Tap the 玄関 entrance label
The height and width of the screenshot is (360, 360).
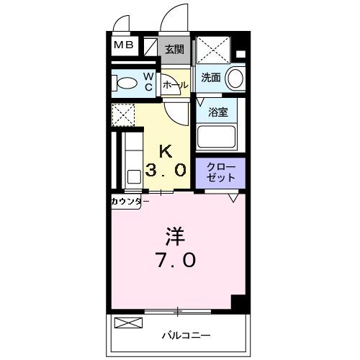click(x=174, y=50)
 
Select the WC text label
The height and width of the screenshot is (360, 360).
click(x=147, y=82)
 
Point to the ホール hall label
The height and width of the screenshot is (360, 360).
click(x=175, y=85)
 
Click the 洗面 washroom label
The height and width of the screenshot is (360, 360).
click(x=211, y=78)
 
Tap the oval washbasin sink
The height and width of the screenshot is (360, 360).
click(x=234, y=78)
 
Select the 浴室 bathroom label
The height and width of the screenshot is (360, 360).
click(x=217, y=112)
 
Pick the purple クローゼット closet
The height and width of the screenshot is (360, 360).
click(x=220, y=173)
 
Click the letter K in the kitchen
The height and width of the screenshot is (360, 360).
click(x=166, y=151)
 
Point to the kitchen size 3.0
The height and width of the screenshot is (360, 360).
click(x=167, y=171)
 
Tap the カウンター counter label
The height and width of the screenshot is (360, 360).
click(x=130, y=201)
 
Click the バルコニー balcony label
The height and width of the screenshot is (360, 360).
click(x=186, y=335)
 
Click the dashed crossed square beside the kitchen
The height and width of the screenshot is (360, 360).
click(x=123, y=114)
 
